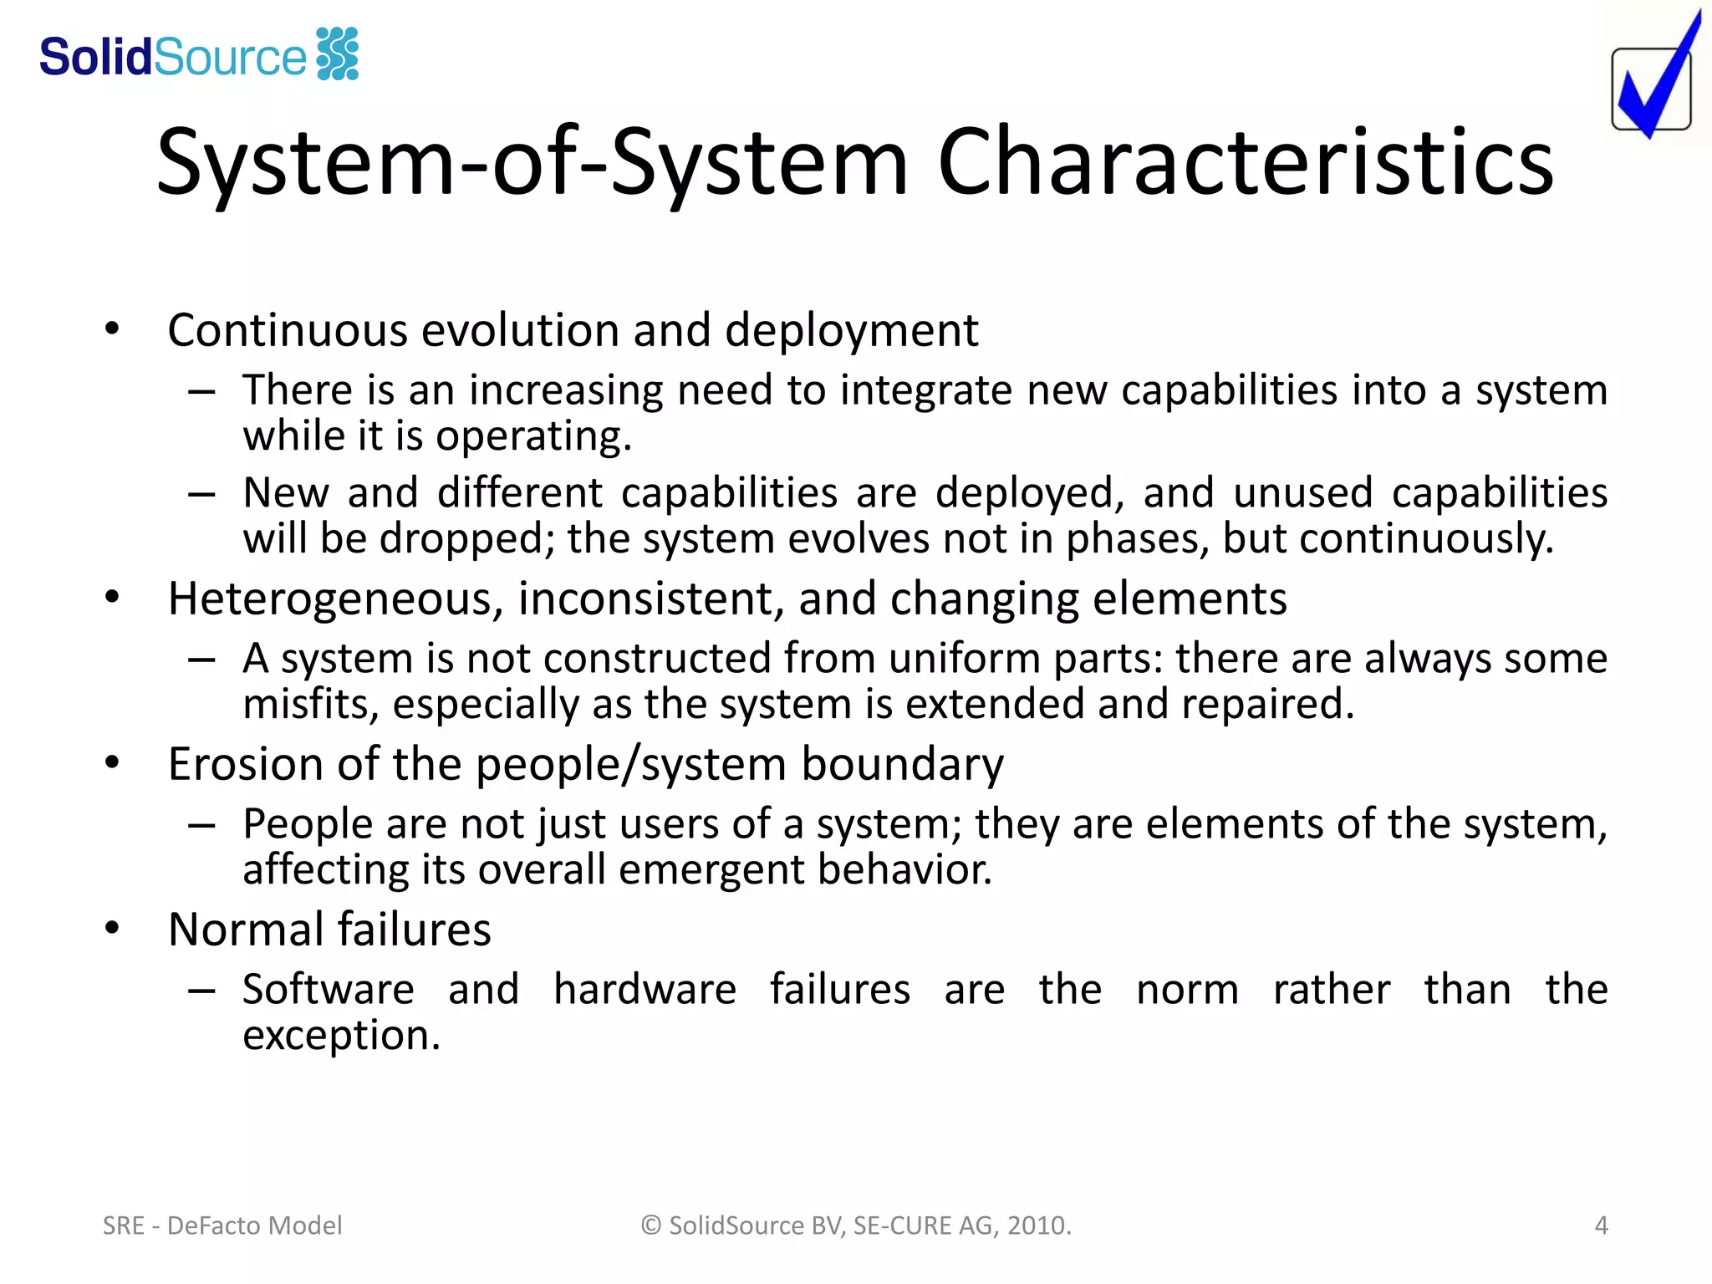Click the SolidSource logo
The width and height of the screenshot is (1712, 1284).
coord(199,55)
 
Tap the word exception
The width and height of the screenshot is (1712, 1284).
coord(340,1036)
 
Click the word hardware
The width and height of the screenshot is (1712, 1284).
coord(645,990)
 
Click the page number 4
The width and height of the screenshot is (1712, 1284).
coord(1601,1225)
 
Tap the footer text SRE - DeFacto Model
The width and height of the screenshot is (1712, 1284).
coord(222,1225)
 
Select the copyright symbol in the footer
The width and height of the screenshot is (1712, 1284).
coord(651,1225)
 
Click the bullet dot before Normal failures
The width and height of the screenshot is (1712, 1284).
coord(113,928)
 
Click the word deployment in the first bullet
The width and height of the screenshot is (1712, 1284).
coord(851,330)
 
